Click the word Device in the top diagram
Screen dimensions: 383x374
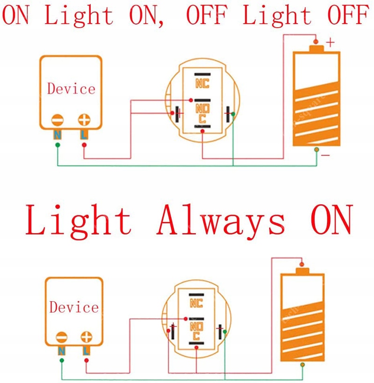(71, 89)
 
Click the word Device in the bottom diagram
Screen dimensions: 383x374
(74, 307)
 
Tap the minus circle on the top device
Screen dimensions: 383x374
(58, 119)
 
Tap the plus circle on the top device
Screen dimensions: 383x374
(84, 119)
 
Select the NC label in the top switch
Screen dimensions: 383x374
(202, 84)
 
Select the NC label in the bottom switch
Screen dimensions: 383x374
(196, 303)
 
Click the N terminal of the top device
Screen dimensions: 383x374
(58, 135)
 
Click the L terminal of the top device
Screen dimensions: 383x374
(84, 135)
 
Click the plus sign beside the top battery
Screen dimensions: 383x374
(330, 43)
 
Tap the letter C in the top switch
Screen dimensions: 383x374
(202, 119)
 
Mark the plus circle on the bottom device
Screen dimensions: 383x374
(86, 337)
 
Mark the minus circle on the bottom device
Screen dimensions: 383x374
(61, 337)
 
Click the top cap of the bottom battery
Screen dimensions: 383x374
(302, 271)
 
